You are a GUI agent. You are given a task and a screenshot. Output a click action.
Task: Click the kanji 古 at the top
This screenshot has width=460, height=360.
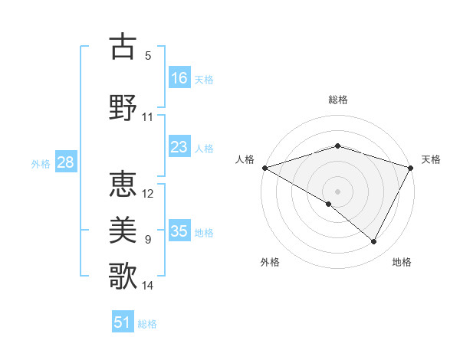(x=123, y=47)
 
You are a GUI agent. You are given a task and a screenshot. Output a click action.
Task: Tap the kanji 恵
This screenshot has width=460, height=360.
(x=123, y=184)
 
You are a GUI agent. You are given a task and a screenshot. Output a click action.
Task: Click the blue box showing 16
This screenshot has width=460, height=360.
(x=179, y=78)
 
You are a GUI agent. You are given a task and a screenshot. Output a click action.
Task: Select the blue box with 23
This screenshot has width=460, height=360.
(x=179, y=147)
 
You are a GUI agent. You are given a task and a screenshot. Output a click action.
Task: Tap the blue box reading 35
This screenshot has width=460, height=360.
(x=179, y=231)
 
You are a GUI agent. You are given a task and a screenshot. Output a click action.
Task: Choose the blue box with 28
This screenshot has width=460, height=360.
(x=65, y=162)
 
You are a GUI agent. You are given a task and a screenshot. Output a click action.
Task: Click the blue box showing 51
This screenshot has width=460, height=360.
(x=123, y=322)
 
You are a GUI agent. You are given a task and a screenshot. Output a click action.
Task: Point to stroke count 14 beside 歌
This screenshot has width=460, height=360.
(x=148, y=286)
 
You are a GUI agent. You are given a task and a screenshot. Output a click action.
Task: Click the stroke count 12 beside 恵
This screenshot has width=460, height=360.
(x=148, y=193)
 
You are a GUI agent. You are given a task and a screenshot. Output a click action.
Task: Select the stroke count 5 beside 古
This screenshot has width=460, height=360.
(x=148, y=55)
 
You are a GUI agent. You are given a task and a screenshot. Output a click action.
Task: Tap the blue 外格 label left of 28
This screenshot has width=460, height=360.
(x=41, y=163)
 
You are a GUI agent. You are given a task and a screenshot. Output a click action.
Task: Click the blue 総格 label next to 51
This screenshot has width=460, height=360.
(x=147, y=324)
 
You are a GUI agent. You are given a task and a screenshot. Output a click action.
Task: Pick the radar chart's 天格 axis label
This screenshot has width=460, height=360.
(x=431, y=159)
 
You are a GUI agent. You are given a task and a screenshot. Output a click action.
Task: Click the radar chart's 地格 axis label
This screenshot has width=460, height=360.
(x=402, y=262)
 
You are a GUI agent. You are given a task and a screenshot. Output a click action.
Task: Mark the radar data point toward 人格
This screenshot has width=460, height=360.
(x=264, y=167)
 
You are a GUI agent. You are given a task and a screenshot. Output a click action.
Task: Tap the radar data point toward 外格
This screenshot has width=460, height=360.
(x=329, y=204)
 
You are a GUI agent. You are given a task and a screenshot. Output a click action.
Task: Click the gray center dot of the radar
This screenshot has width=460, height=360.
(x=337, y=191)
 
